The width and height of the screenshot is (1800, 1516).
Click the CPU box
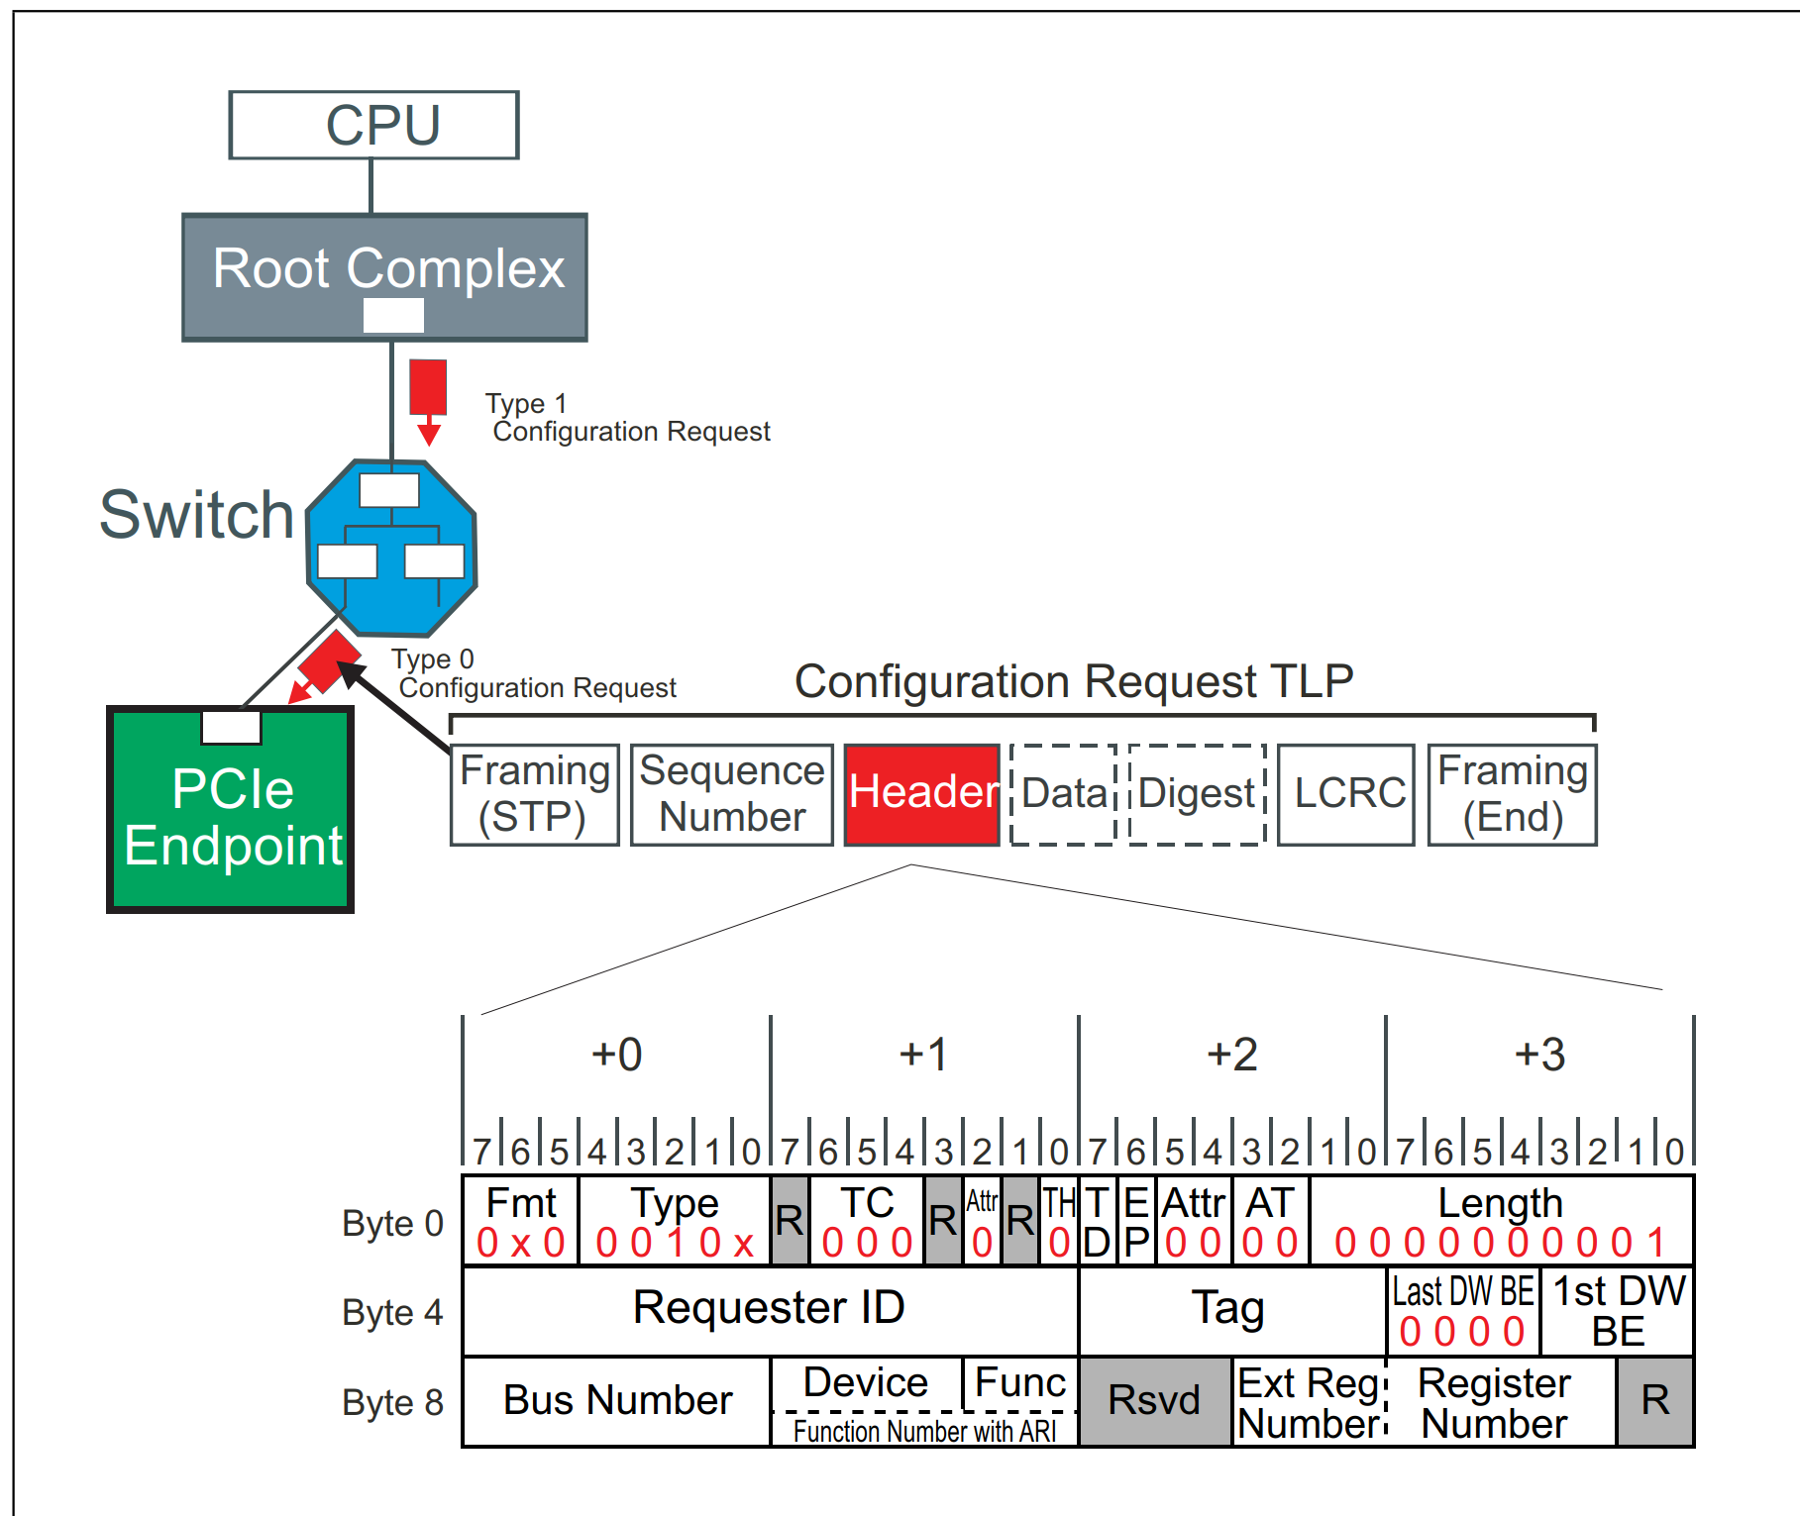click(373, 126)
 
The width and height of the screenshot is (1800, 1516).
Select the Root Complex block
click(385, 276)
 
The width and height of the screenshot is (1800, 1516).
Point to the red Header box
click(921, 794)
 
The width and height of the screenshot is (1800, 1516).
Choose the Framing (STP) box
click(535, 794)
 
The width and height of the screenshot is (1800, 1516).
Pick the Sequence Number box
click(731, 794)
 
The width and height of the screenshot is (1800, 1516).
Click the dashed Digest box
click(1197, 794)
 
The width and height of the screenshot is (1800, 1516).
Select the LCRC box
click(1346, 794)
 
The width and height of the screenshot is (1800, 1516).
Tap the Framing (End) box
click(1512, 794)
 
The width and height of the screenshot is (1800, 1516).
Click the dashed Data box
click(1063, 794)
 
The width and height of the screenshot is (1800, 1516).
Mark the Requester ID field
click(769, 1309)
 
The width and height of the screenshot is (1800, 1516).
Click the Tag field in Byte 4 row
click(1229, 1309)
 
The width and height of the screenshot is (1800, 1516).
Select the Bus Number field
click(616, 1401)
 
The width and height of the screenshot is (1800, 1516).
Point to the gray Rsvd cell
click(1154, 1401)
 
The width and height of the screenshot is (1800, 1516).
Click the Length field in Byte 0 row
click(1500, 1220)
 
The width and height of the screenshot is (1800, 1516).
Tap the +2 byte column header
click(1231, 1055)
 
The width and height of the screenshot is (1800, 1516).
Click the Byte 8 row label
click(392, 1402)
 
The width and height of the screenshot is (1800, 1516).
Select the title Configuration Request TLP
click(1074, 681)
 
